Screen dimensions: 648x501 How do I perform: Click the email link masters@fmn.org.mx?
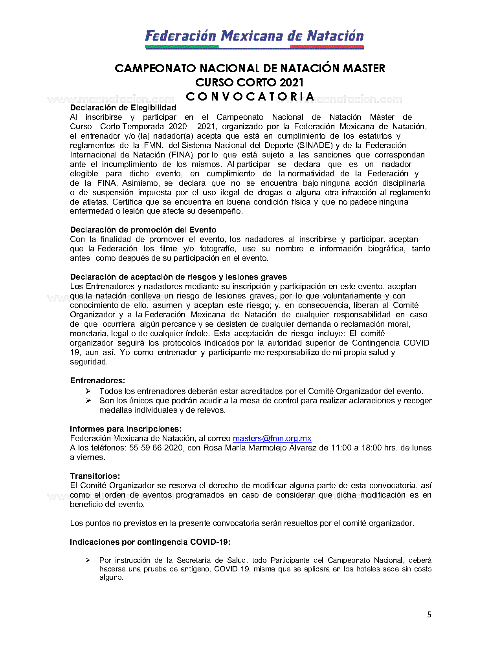pos(272,438)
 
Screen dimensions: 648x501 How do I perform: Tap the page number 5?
pos(429,615)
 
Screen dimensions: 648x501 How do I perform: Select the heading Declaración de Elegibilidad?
pos(123,108)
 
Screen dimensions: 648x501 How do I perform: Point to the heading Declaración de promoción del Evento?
pos(143,230)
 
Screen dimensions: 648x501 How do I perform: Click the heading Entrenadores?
pos(97,381)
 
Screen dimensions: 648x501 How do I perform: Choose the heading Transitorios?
pos(95,476)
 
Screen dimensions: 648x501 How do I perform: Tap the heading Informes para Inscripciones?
pos(126,429)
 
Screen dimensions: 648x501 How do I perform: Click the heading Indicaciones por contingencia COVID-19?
pos(150,542)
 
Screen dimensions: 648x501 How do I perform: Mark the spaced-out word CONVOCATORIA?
pos(250,97)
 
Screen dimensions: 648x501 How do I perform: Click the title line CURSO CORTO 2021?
pos(250,82)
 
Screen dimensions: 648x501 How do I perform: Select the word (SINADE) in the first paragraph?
pos(315,145)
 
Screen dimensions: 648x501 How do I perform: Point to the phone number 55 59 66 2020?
pos(156,448)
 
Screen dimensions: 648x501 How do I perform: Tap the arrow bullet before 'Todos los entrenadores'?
pos(88,391)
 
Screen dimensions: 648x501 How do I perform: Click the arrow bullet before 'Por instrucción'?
pos(88,560)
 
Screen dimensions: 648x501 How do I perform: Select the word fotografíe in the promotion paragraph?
pos(218,249)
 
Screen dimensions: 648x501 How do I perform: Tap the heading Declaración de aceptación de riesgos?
pos(178,277)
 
